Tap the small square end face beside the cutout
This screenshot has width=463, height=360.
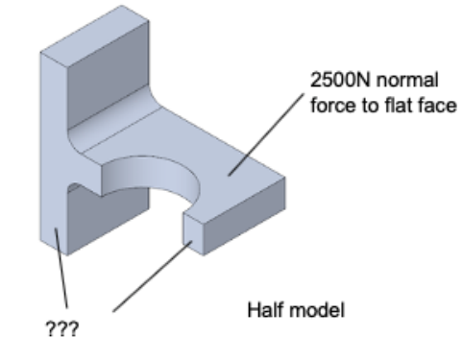[x=193, y=234]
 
